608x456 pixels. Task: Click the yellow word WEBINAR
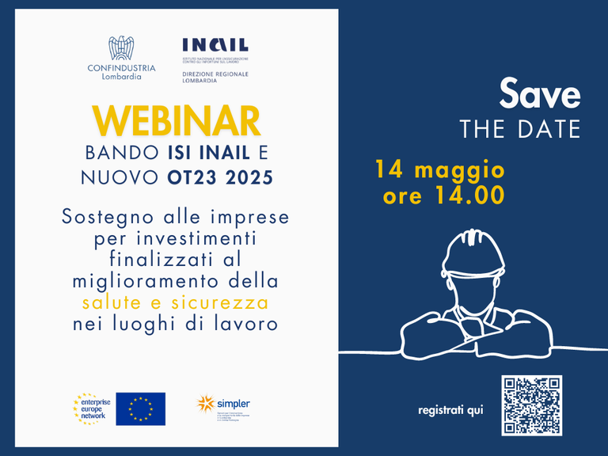pos(177,120)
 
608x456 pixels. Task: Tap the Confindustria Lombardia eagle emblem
pos(122,48)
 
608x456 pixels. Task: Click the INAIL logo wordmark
pos(215,45)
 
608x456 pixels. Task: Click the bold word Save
pos(539,94)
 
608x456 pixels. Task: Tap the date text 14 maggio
pos(439,169)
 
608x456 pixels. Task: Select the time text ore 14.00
pos(443,196)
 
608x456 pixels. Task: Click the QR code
pos(531,405)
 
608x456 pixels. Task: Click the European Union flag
pos(140,408)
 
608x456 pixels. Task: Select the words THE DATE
pos(520,129)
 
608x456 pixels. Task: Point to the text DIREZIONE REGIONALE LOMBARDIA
pos(215,77)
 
